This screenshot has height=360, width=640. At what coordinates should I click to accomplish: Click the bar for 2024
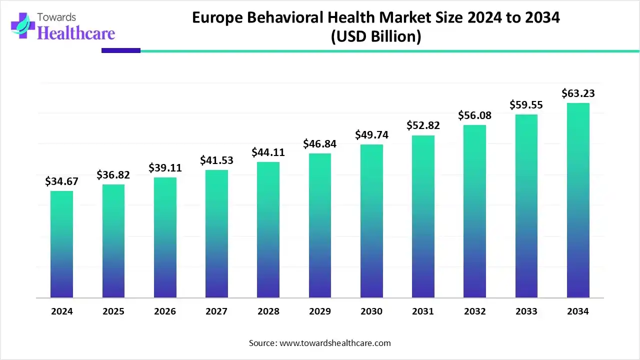pos(61,244)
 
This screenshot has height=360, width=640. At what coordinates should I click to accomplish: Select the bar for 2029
pos(320,225)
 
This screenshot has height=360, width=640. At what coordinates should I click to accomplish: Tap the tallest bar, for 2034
pos(578,200)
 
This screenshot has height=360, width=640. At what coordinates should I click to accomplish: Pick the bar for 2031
pos(423,216)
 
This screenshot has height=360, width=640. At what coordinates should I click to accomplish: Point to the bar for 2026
pos(165,237)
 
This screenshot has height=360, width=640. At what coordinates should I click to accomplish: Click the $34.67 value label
pos(61,181)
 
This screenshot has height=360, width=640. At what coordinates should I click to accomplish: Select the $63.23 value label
pos(578,93)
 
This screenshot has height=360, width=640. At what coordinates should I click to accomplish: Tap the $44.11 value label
pos(268,152)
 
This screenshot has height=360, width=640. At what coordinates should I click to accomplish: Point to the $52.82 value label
pos(423,125)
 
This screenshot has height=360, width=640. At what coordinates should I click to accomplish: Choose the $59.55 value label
pos(526,105)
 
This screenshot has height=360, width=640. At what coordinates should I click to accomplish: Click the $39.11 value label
pos(165,168)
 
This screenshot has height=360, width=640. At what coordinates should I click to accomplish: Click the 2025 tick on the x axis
pos(113,311)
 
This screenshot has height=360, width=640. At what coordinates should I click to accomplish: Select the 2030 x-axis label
pos(371,311)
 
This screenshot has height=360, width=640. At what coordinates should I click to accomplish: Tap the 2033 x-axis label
pos(526,311)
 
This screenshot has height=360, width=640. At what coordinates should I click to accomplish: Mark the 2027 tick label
pos(216,311)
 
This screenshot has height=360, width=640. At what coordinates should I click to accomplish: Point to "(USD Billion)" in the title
pos(375,36)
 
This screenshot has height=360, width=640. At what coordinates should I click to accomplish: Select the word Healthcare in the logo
pos(76,33)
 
